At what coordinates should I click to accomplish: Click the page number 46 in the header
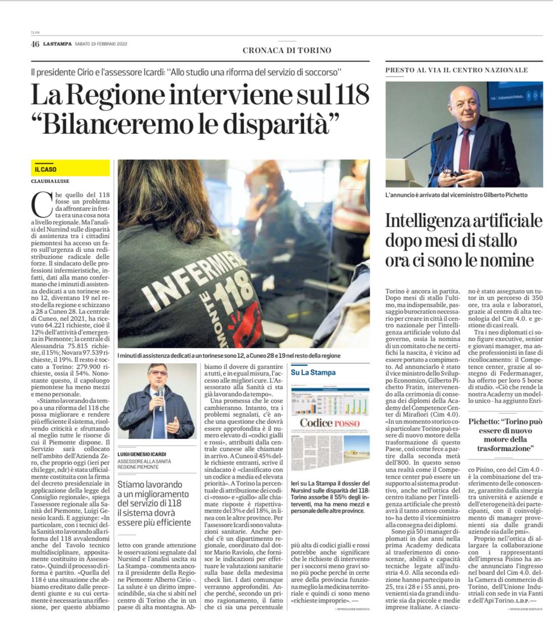pos(35,44)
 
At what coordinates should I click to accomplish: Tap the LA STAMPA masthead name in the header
pos(57,44)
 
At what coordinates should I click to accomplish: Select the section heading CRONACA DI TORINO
pos(287,50)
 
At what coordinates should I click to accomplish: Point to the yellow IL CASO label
pos(46,169)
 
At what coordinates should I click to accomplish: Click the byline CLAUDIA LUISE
pos(50,181)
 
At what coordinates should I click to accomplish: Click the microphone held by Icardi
pos(161,392)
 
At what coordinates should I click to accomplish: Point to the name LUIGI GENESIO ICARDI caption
pos(142,454)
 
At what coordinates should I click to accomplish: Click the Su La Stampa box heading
pos(313,372)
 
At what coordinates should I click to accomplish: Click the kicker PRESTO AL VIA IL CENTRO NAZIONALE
pos(456,70)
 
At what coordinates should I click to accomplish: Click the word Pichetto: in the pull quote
pos(487,421)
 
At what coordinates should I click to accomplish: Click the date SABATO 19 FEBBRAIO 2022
pos(101,44)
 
